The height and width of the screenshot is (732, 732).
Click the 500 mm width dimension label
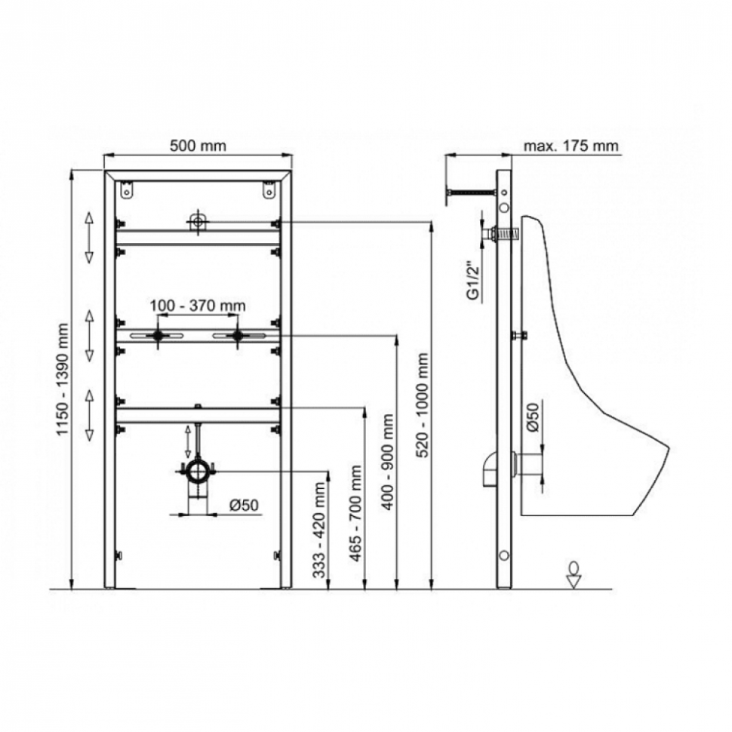(x=198, y=146)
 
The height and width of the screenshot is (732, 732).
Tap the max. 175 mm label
(x=571, y=146)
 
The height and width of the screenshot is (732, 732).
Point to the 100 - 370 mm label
(x=198, y=306)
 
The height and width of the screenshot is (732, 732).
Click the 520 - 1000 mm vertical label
(x=422, y=404)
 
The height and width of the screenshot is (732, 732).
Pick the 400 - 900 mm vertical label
(x=387, y=462)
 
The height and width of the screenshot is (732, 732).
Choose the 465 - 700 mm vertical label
(x=355, y=513)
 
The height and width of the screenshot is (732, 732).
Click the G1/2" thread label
(x=474, y=284)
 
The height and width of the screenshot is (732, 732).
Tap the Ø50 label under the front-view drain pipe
(x=244, y=505)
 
